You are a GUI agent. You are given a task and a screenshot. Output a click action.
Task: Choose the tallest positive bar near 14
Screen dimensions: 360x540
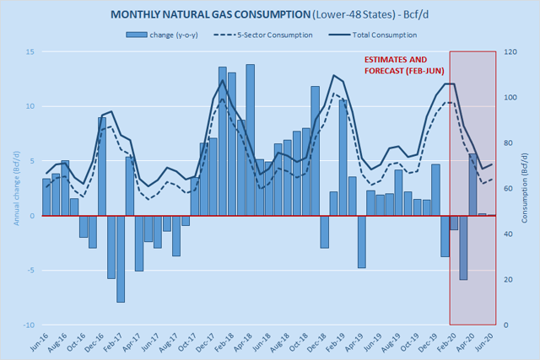click(x=250, y=140)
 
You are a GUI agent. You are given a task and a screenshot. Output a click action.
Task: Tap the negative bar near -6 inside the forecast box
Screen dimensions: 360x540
click(x=462, y=248)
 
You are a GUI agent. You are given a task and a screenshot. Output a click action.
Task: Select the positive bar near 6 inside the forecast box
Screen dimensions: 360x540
click(x=472, y=185)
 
